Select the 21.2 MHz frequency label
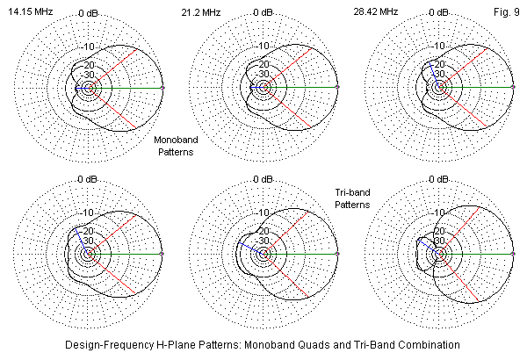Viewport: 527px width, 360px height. pos(200,13)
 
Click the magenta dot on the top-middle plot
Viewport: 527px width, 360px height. pos(338,89)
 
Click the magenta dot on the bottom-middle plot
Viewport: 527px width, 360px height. pos(338,255)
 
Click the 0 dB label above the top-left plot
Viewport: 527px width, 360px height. pos(88,13)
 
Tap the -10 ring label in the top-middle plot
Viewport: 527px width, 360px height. pos(256,46)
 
